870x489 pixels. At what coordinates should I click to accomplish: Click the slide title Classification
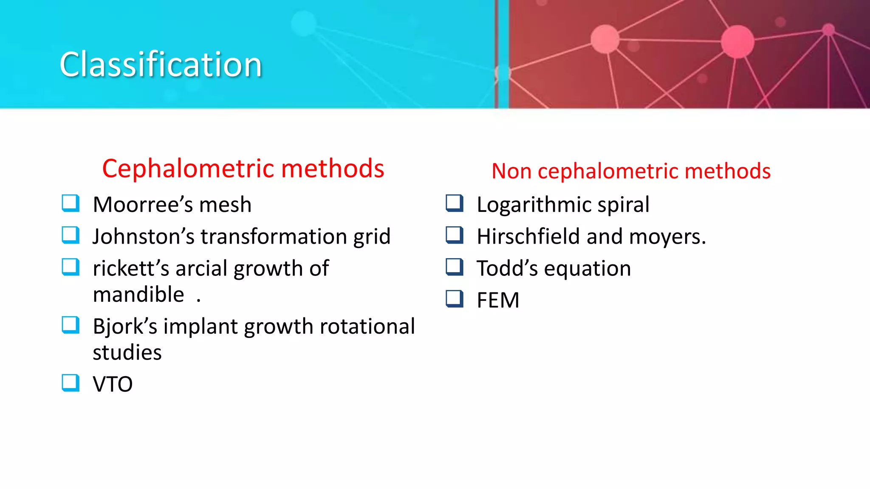(161, 65)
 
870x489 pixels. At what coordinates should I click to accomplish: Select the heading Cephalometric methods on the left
(243, 169)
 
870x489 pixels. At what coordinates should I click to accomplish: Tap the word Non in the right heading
(511, 171)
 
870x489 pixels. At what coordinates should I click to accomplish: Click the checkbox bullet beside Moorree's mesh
(71, 203)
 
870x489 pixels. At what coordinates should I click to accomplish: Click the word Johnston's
(143, 236)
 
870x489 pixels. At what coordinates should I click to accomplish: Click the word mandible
(138, 295)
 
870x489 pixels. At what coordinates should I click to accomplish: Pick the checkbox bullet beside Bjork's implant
(71, 325)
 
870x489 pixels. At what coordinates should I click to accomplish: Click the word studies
(127, 353)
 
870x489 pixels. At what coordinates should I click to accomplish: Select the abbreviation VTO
(113, 385)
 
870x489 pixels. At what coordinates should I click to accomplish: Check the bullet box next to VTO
(71, 382)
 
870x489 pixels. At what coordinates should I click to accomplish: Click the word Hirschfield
(528, 236)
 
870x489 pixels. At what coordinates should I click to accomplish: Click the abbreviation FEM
(498, 301)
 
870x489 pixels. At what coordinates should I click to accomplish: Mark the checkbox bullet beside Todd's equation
(455, 267)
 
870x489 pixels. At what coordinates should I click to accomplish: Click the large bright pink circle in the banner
(737, 41)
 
